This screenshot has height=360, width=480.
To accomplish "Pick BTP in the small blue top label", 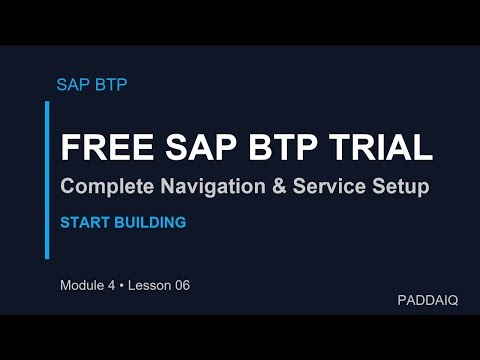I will pyautogui.click(x=110, y=84).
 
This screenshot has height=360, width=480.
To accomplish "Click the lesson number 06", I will pyautogui.click(x=180, y=285).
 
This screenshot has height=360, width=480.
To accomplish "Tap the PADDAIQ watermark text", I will pyautogui.click(x=427, y=300).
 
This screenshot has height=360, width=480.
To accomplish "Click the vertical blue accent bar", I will pyautogui.click(x=47, y=179).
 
